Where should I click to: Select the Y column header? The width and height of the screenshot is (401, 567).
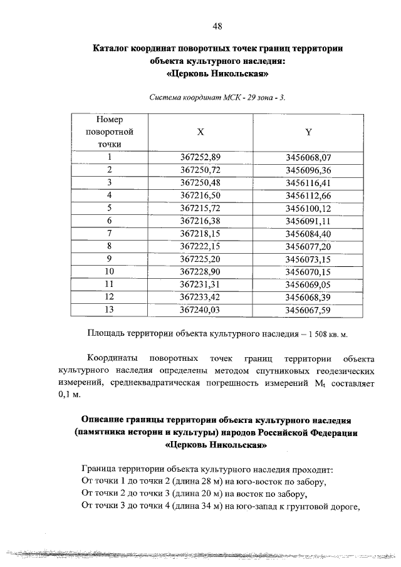click(308, 132)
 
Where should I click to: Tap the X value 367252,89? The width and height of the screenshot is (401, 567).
click(200, 157)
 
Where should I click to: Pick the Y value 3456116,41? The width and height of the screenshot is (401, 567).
click(308, 182)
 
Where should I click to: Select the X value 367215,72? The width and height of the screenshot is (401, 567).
click(200, 207)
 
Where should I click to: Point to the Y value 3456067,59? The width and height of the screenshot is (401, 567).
click(308, 309)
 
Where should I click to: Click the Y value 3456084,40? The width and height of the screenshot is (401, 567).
click(308, 233)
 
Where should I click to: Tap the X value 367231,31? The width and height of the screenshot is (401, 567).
click(200, 284)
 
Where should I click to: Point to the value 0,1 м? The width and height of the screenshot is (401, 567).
click(70, 395)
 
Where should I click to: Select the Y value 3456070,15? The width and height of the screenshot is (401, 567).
click(308, 271)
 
